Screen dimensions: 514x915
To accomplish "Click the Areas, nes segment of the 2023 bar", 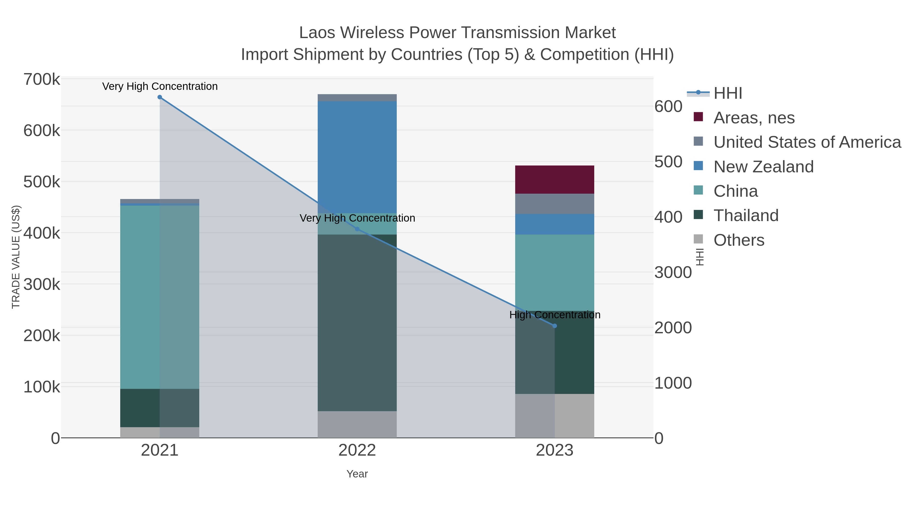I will (x=555, y=179).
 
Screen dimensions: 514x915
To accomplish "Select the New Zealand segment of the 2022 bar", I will (x=357, y=157).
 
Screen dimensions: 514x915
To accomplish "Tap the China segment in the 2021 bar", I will (x=159, y=297).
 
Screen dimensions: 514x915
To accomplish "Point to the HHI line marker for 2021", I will (x=159, y=97).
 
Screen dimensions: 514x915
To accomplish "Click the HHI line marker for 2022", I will (x=357, y=229).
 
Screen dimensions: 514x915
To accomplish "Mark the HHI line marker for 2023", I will (x=555, y=326).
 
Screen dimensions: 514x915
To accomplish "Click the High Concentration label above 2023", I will (x=555, y=315).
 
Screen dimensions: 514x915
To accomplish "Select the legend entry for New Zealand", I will (x=763, y=167).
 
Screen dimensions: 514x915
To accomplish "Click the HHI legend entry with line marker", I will (x=727, y=93).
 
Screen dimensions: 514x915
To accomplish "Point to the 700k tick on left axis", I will (x=42, y=79).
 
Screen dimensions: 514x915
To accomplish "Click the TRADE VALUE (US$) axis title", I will (x=16, y=257).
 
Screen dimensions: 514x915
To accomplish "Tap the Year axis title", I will (x=357, y=474).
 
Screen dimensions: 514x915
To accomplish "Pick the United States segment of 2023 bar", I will (x=555, y=204).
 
